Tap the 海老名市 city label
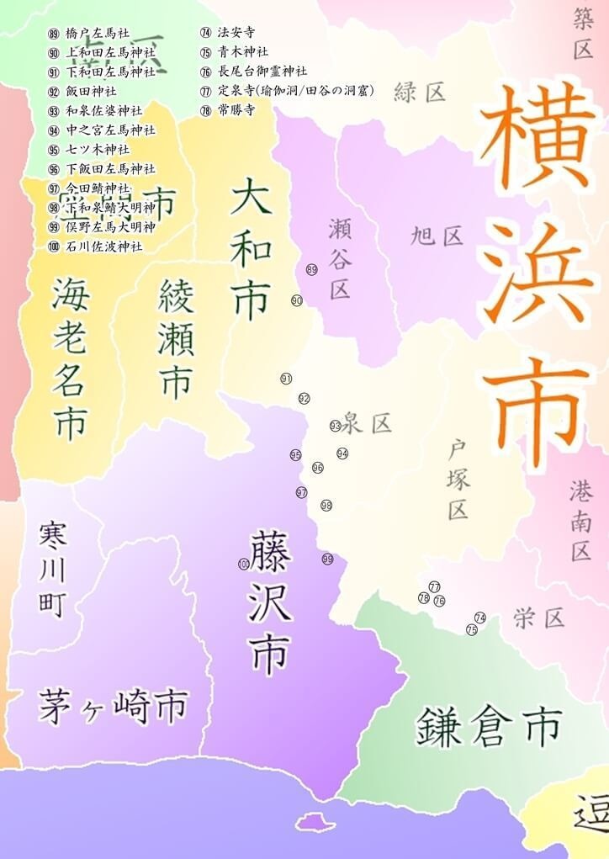(x=69, y=358)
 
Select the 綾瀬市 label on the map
(x=176, y=339)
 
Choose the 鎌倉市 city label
(x=489, y=726)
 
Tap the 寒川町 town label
(x=52, y=569)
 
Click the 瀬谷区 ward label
(x=340, y=257)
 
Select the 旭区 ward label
(x=437, y=235)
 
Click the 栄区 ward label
(x=538, y=618)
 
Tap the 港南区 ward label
(x=580, y=522)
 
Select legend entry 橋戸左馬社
(x=97, y=34)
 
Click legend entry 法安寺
(x=236, y=33)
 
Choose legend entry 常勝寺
(x=236, y=110)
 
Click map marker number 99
(x=327, y=559)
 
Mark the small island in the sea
(x=310, y=821)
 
